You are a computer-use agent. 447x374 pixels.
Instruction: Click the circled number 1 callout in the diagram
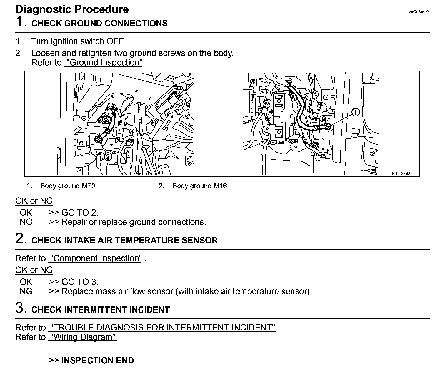(x=356, y=112)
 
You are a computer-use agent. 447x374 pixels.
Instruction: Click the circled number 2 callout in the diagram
(x=108, y=156)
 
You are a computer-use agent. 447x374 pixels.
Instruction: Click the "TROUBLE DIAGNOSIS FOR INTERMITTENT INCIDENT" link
(x=163, y=328)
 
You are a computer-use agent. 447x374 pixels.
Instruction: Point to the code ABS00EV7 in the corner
(x=419, y=12)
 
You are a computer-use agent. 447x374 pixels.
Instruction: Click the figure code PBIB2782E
(x=402, y=173)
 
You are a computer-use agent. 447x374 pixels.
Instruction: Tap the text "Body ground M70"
(x=68, y=186)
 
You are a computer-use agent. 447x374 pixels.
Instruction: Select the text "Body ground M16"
(x=199, y=186)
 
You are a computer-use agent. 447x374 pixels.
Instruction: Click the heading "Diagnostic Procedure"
(x=72, y=9)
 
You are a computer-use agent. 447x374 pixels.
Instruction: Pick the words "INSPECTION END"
(x=98, y=360)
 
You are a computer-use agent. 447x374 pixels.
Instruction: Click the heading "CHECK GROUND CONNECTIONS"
(x=99, y=24)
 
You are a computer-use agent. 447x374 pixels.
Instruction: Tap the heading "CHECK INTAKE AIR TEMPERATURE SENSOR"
(x=124, y=240)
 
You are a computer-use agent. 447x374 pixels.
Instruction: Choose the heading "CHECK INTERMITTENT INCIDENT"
(x=101, y=310)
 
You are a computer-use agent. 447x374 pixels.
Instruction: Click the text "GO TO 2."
(x=80, y=213)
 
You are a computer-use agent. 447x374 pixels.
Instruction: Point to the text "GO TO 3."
(x=80, y=282)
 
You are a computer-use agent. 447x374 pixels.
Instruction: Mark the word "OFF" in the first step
(x=116, y=41)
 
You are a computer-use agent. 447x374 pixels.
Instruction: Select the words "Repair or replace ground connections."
(x=134, y=222)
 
